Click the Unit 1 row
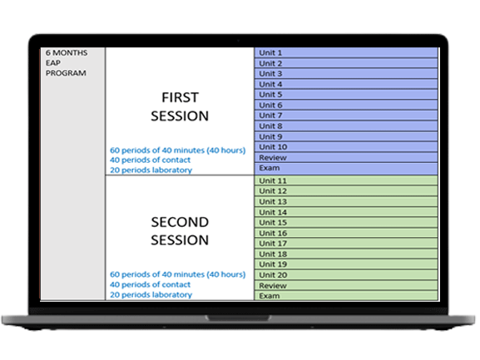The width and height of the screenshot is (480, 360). coord(346,52)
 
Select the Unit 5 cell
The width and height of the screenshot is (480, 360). coord(346,95)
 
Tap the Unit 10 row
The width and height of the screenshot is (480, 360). coord(346,147)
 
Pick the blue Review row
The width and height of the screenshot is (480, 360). coord(346,157)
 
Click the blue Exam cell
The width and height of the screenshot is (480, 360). coord(346,169)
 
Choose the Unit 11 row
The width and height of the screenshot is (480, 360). coord(346,180)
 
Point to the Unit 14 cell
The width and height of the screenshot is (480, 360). coord(346,212)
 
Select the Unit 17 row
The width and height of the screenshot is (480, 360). coord(346,244)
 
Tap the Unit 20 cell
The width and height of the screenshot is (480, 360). coord(346,275)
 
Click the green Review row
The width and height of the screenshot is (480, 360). coord(346,285)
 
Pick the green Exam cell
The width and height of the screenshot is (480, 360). coord(346,295)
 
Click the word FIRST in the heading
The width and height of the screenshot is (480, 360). coord(180,97)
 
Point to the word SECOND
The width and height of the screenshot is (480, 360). coord(180,222)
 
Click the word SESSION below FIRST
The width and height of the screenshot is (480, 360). coord(180,116)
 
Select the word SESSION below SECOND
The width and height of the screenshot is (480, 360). coord(180,240)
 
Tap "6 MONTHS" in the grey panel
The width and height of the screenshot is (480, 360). coord(67,53)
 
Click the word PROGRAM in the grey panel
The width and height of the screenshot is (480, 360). coord(66,73)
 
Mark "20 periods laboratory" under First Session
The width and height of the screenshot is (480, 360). coord(151,170)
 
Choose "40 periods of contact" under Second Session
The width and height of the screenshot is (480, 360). coord(150,284)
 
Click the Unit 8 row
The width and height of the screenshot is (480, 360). coord(346,126)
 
